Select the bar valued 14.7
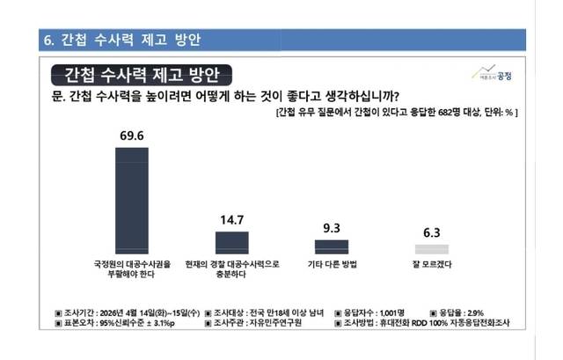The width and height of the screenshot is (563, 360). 232,243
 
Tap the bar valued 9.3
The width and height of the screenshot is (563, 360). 332,247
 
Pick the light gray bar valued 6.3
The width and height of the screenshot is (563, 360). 431,250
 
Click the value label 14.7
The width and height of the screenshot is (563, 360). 232,220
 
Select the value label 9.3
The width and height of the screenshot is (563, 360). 332,228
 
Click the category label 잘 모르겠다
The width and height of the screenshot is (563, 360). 431,263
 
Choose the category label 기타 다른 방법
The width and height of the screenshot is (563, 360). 332,263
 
